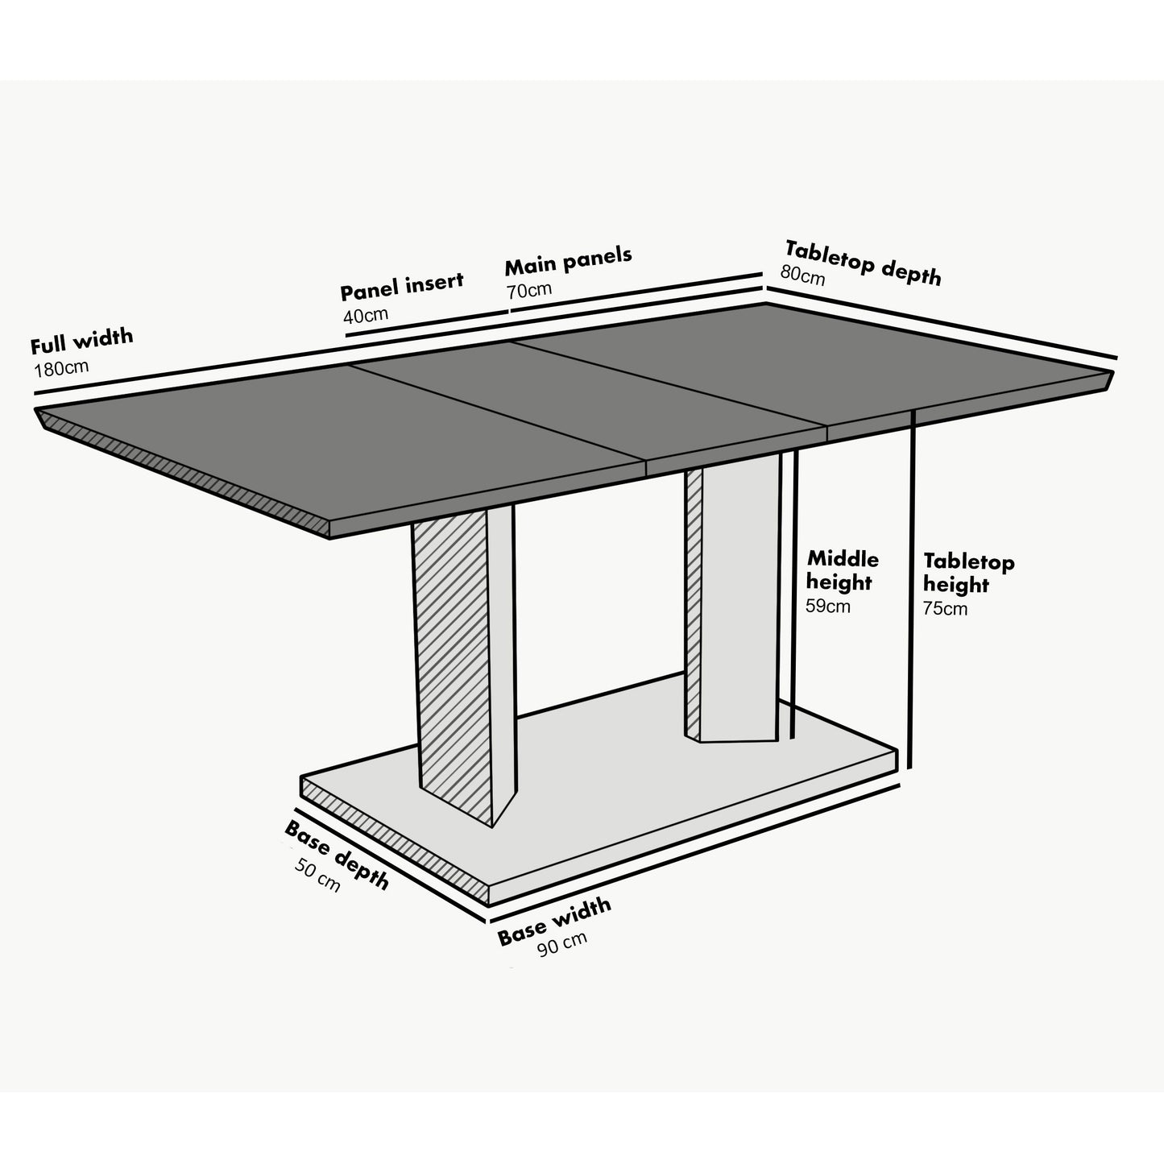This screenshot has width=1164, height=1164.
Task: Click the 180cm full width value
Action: pyautogui.click(x=61, y=369)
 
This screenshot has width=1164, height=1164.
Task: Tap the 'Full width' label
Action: pyautogui.click(x=81, y=342)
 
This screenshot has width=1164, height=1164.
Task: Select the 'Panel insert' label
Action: pyautogui.click(x=401, y=286)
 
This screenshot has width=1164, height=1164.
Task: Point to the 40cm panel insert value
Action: pyautogui.click(x=366, y=314)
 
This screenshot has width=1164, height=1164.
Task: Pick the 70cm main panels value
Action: pyautogui.click(x=529, y=289)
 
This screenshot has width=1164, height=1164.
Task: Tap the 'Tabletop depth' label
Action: pyautogui.click(x=863, y=263)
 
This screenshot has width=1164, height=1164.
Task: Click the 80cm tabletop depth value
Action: pyautogui.click(x=802, y=275)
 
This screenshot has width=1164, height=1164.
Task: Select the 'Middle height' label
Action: pyautogui.click(x=843, y=570)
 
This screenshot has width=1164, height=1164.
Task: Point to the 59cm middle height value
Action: pyautogui.click(x=828, y=607)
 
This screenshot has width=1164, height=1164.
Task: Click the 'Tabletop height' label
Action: pyautogui.click(x=968, y=573)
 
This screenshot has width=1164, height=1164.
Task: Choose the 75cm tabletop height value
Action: pyautogui.click(x=946, y=609)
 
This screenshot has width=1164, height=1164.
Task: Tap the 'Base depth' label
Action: pyautogui.click(x=337, y=855)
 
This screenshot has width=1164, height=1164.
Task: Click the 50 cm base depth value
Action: pyautogui.click(x=317, y=875)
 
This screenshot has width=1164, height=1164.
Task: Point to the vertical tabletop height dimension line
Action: pyautogui.click(x=912, y=588)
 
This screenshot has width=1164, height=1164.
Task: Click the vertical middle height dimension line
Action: pyautogui.click(x=794, y=596)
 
